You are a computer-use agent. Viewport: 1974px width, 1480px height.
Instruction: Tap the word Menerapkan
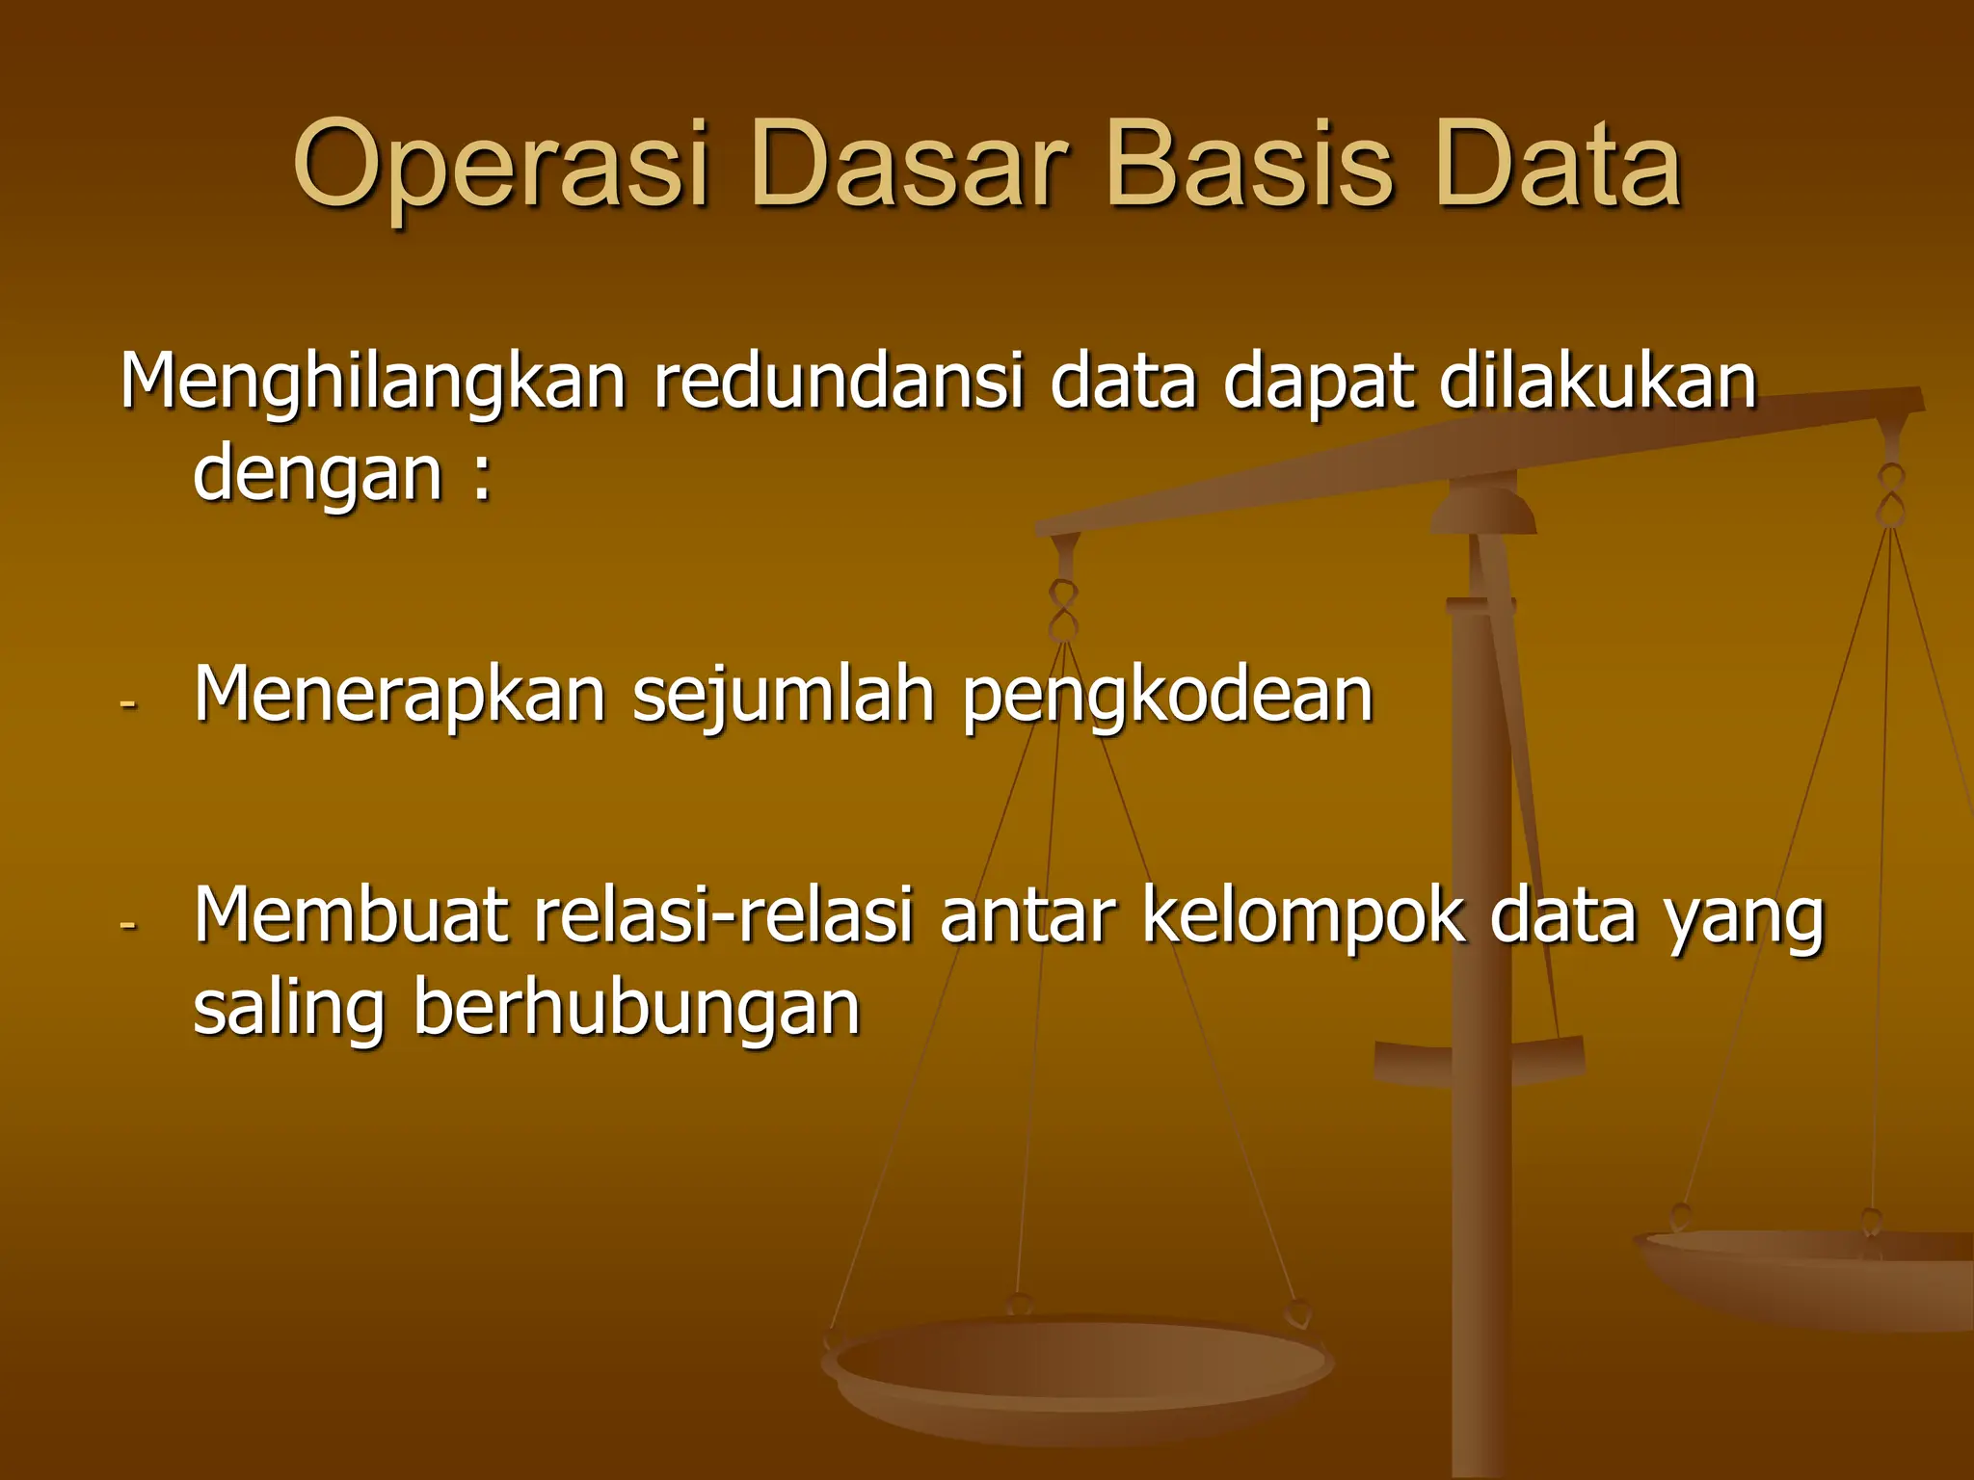click(399, 695)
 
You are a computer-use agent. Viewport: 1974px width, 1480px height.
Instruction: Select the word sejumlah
click(783, 697)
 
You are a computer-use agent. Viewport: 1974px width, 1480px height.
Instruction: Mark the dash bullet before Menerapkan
click(128, 704)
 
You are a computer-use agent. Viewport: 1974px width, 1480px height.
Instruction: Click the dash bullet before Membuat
click(128, 925)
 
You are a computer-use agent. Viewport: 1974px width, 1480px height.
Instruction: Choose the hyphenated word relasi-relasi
click(722, 915)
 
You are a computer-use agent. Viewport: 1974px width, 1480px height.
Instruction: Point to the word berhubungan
click(636, 1009)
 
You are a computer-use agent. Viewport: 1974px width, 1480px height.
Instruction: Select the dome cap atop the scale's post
click(1482, 509)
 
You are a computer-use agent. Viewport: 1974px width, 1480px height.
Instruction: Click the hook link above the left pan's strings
click(1063, 611)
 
